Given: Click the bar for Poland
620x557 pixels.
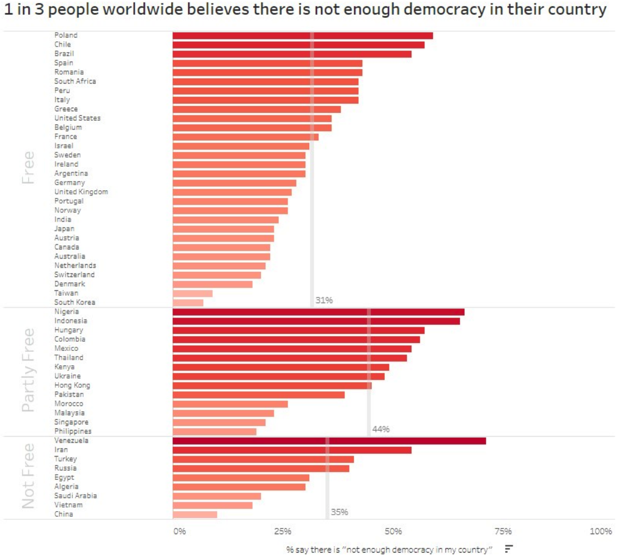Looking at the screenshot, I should click(303, 36).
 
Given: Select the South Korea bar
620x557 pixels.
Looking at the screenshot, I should click(188, 302).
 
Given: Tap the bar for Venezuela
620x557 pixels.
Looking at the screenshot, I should click(329, 441).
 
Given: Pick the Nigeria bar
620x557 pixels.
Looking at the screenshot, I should click(318, 312).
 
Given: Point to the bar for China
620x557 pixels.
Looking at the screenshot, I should click(194, 514).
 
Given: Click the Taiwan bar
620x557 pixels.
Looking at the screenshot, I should click(192, 293).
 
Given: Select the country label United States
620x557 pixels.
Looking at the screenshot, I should click(78, 118).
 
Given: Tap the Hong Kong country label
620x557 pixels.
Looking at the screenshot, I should click(72, 385).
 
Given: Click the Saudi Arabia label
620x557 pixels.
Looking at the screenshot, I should click(76, 496).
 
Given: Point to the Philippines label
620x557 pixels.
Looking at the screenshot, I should click(73, 432).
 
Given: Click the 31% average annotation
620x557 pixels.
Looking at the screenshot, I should click(324, 300).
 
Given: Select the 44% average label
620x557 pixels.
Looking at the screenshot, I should click(381, 429).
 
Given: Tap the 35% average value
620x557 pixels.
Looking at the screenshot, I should click(339, 512).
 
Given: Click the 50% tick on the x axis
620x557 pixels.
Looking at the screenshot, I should click(393, 531).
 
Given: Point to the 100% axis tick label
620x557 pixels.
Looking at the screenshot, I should click(601, 531).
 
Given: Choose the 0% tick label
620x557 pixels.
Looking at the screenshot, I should click(180, 531).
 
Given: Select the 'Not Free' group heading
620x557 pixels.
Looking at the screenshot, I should click(28, 476).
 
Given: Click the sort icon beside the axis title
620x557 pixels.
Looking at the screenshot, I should click(509, 549).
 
